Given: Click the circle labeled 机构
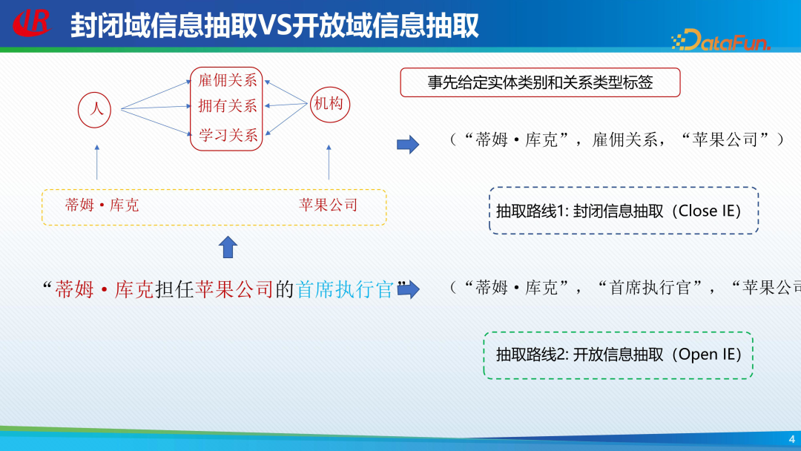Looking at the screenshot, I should [329, 105].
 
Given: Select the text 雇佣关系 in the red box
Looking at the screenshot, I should [228, 81].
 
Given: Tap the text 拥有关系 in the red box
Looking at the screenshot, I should [228, 107].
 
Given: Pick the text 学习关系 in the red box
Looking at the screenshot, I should [228, 136].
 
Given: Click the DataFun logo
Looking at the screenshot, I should [722, 40].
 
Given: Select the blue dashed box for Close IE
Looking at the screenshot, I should [623, 211].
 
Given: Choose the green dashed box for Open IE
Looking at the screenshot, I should [618, 355].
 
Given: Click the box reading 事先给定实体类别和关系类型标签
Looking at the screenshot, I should [540, 82].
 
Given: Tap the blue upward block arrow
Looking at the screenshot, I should [228, 246].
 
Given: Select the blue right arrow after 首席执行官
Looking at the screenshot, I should [409, 289].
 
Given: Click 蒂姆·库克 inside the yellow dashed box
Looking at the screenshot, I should [102, 205].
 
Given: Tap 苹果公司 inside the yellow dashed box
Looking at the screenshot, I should [328, 205].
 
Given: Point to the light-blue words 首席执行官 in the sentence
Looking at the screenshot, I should [345, 289].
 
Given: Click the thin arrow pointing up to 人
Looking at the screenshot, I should [96, 162].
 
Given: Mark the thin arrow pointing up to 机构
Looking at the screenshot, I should [329, 162].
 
